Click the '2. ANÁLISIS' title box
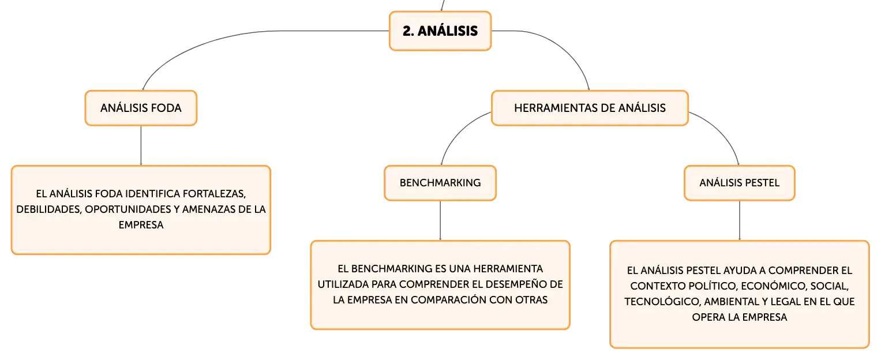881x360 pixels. pyautogui.click(x=440, y=31)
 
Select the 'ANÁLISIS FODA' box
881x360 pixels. pyautogui.click(x=141, y=108)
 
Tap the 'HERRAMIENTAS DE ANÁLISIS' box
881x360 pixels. pyautogui.click(x=590, y=108)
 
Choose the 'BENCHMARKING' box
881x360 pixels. pyautogui.click(x=440, y=182)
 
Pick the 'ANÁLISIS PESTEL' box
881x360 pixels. pyautogui.click(x=740, y=182)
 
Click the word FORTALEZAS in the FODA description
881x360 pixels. pyautogui.click(x=215, y=194)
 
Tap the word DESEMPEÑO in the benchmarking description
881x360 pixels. pyautogui.click(x=515, y=284)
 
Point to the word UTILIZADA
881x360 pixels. pyautogui.click(x=343, y=284)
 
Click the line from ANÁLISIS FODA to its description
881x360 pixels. pyautogui.click(x=141, y=145)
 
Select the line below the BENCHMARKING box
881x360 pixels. pyautogui.click(x=440, y=220)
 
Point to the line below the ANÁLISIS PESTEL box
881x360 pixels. pyautogui.click(x=740, y=220)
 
